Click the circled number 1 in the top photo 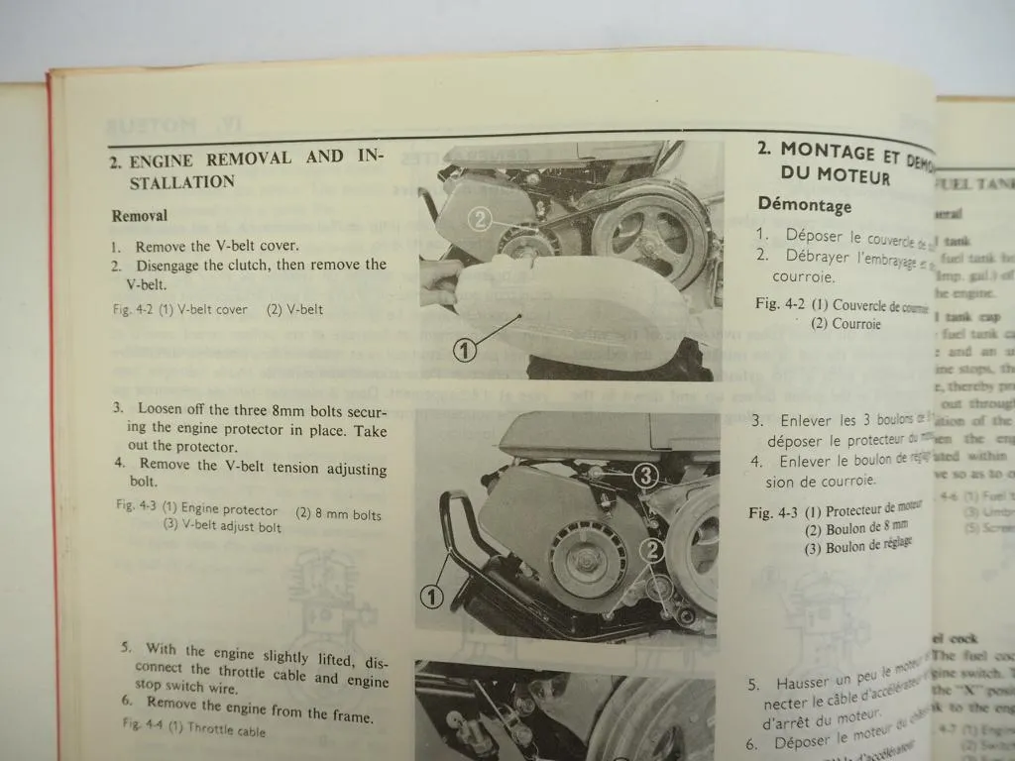point(467,349)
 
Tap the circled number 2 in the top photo point(479,219)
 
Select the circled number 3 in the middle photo point(645,477)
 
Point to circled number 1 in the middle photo point(431,597)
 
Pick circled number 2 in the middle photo point(650,548)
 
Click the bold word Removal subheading point(140,215)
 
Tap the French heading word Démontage point(804,205)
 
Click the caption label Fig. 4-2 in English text point(134,309)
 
